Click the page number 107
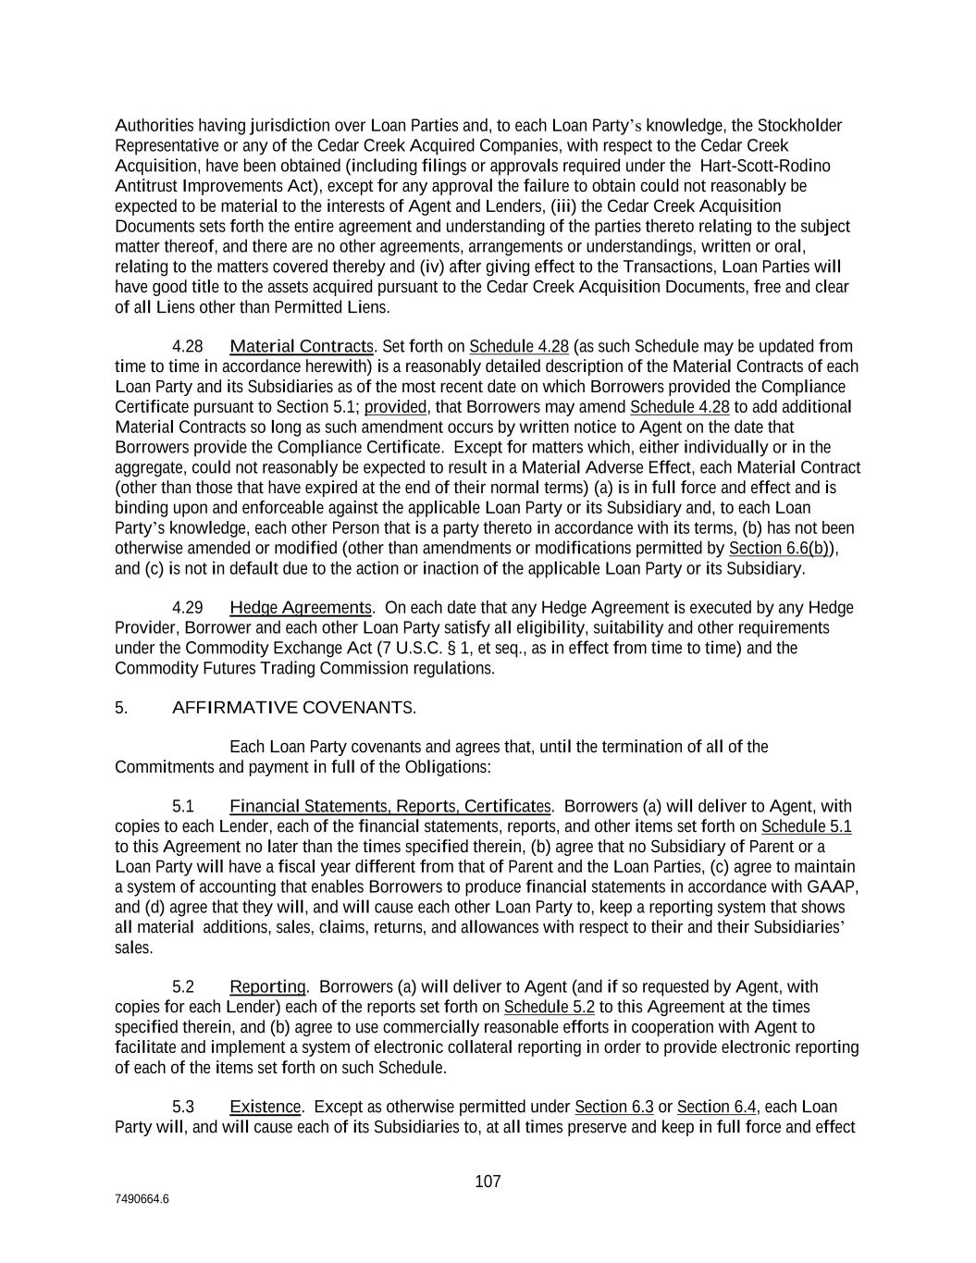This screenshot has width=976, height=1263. click(x=488, y=1182)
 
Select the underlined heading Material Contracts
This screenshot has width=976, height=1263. click(x=301, y=347)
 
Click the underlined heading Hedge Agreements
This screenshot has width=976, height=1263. click(x=300, y=608)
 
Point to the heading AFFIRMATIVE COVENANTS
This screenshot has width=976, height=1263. click(x=294, y=708)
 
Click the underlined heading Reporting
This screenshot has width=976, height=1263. click(x=267, y=986)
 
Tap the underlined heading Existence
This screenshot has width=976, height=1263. click(x=265, y=1107)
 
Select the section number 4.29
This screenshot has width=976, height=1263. click(x=188, y=608)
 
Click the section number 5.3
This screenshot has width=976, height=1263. click(x=183, y=1107)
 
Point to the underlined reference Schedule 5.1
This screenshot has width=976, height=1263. click(x=807, y=826)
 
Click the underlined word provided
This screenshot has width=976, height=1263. click(x=396, y=407)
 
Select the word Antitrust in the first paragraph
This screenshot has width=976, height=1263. click(x=145, y=186)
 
